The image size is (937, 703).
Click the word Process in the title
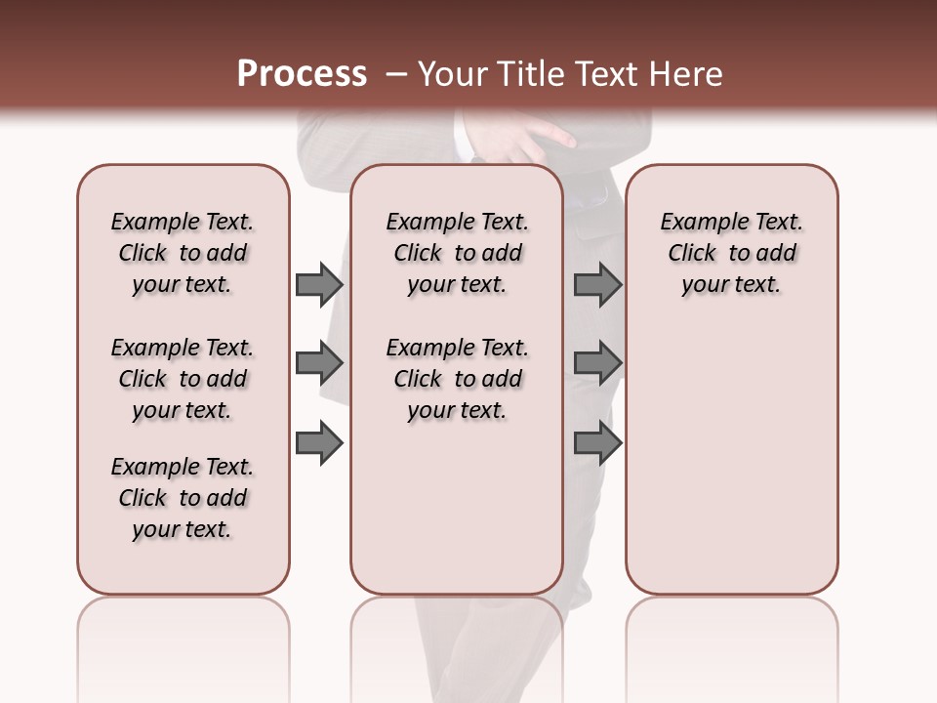pos(302,74)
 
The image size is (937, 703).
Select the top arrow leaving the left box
pos(318,284)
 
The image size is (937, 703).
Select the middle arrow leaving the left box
pos(318,363)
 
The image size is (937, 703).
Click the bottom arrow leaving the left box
pos(318,443)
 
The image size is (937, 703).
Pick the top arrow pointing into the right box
pos(597,284)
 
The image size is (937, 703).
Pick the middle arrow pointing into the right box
pos(597,363)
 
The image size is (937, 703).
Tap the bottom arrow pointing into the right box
pos(597,443)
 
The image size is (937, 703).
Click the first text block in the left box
pos(183,253)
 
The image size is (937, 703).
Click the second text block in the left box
pos(183,379)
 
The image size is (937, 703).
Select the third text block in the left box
pos(183,498)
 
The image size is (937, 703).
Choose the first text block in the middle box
pos(457,253)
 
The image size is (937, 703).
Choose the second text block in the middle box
pos(457,379)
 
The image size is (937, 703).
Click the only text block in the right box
pos(731,253)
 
